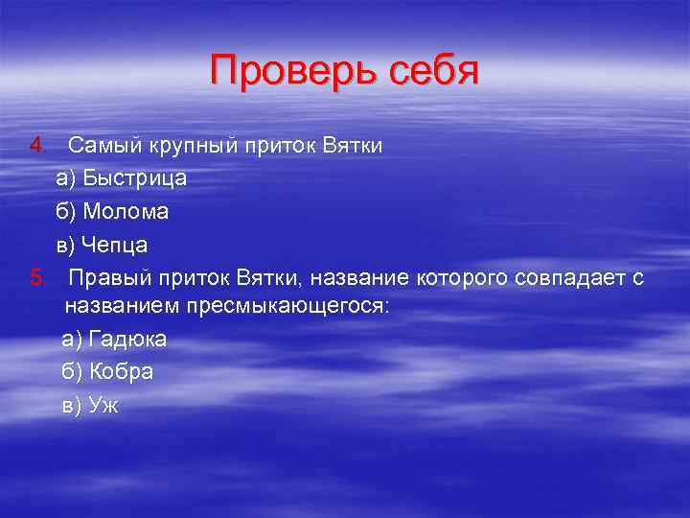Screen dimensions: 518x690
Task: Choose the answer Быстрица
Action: click(x=134, y=178)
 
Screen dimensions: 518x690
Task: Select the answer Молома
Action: click(x=126, y=212)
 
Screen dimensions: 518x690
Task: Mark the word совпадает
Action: click(x=569, y=278)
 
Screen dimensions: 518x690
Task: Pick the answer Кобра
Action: click(x=121, y=372)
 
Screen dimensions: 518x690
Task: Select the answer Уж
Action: click(x=103, y=405)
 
